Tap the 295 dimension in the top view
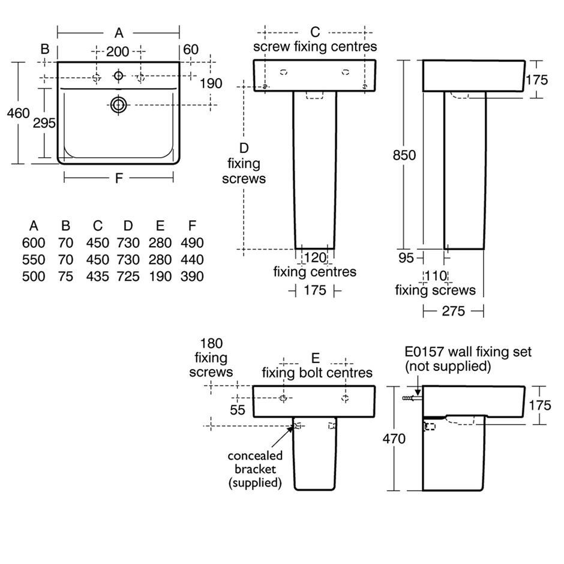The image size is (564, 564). pyautogui.click(x=44, y=123)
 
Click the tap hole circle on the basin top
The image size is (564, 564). pyautogui.click(x=119, y=76)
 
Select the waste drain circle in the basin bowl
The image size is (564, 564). pyautogui.click(x=119, y=105)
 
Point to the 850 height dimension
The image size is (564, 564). pyautogui.click(x=404, y=155)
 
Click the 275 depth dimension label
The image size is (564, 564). pyautogui.click(x=454, y=311)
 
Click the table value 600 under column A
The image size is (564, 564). pyautogui.click(x=33, y=243)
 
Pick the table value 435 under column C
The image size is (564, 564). pyautogui.click(x=97, y=277)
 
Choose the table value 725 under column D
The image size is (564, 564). pyautogui.click(x=128, y=277)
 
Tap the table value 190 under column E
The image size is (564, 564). pyautogui.click(x=160, y=277)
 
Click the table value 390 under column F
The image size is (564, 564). pyautogui.click(x=192, y=277)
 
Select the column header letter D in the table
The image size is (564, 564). pyautogui.click(x=128, y=226)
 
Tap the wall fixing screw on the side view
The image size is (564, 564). pyautogui.click(x=411, y=398)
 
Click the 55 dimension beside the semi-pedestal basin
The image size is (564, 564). pyautogui.click(x=238, y=409)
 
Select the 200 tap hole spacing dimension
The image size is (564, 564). pyautogui.click(x=118, y=52)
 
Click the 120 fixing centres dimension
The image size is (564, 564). pyautogui.click(x=316, y=258)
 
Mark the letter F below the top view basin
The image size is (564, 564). pyautogui.click(x=119, y=178)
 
